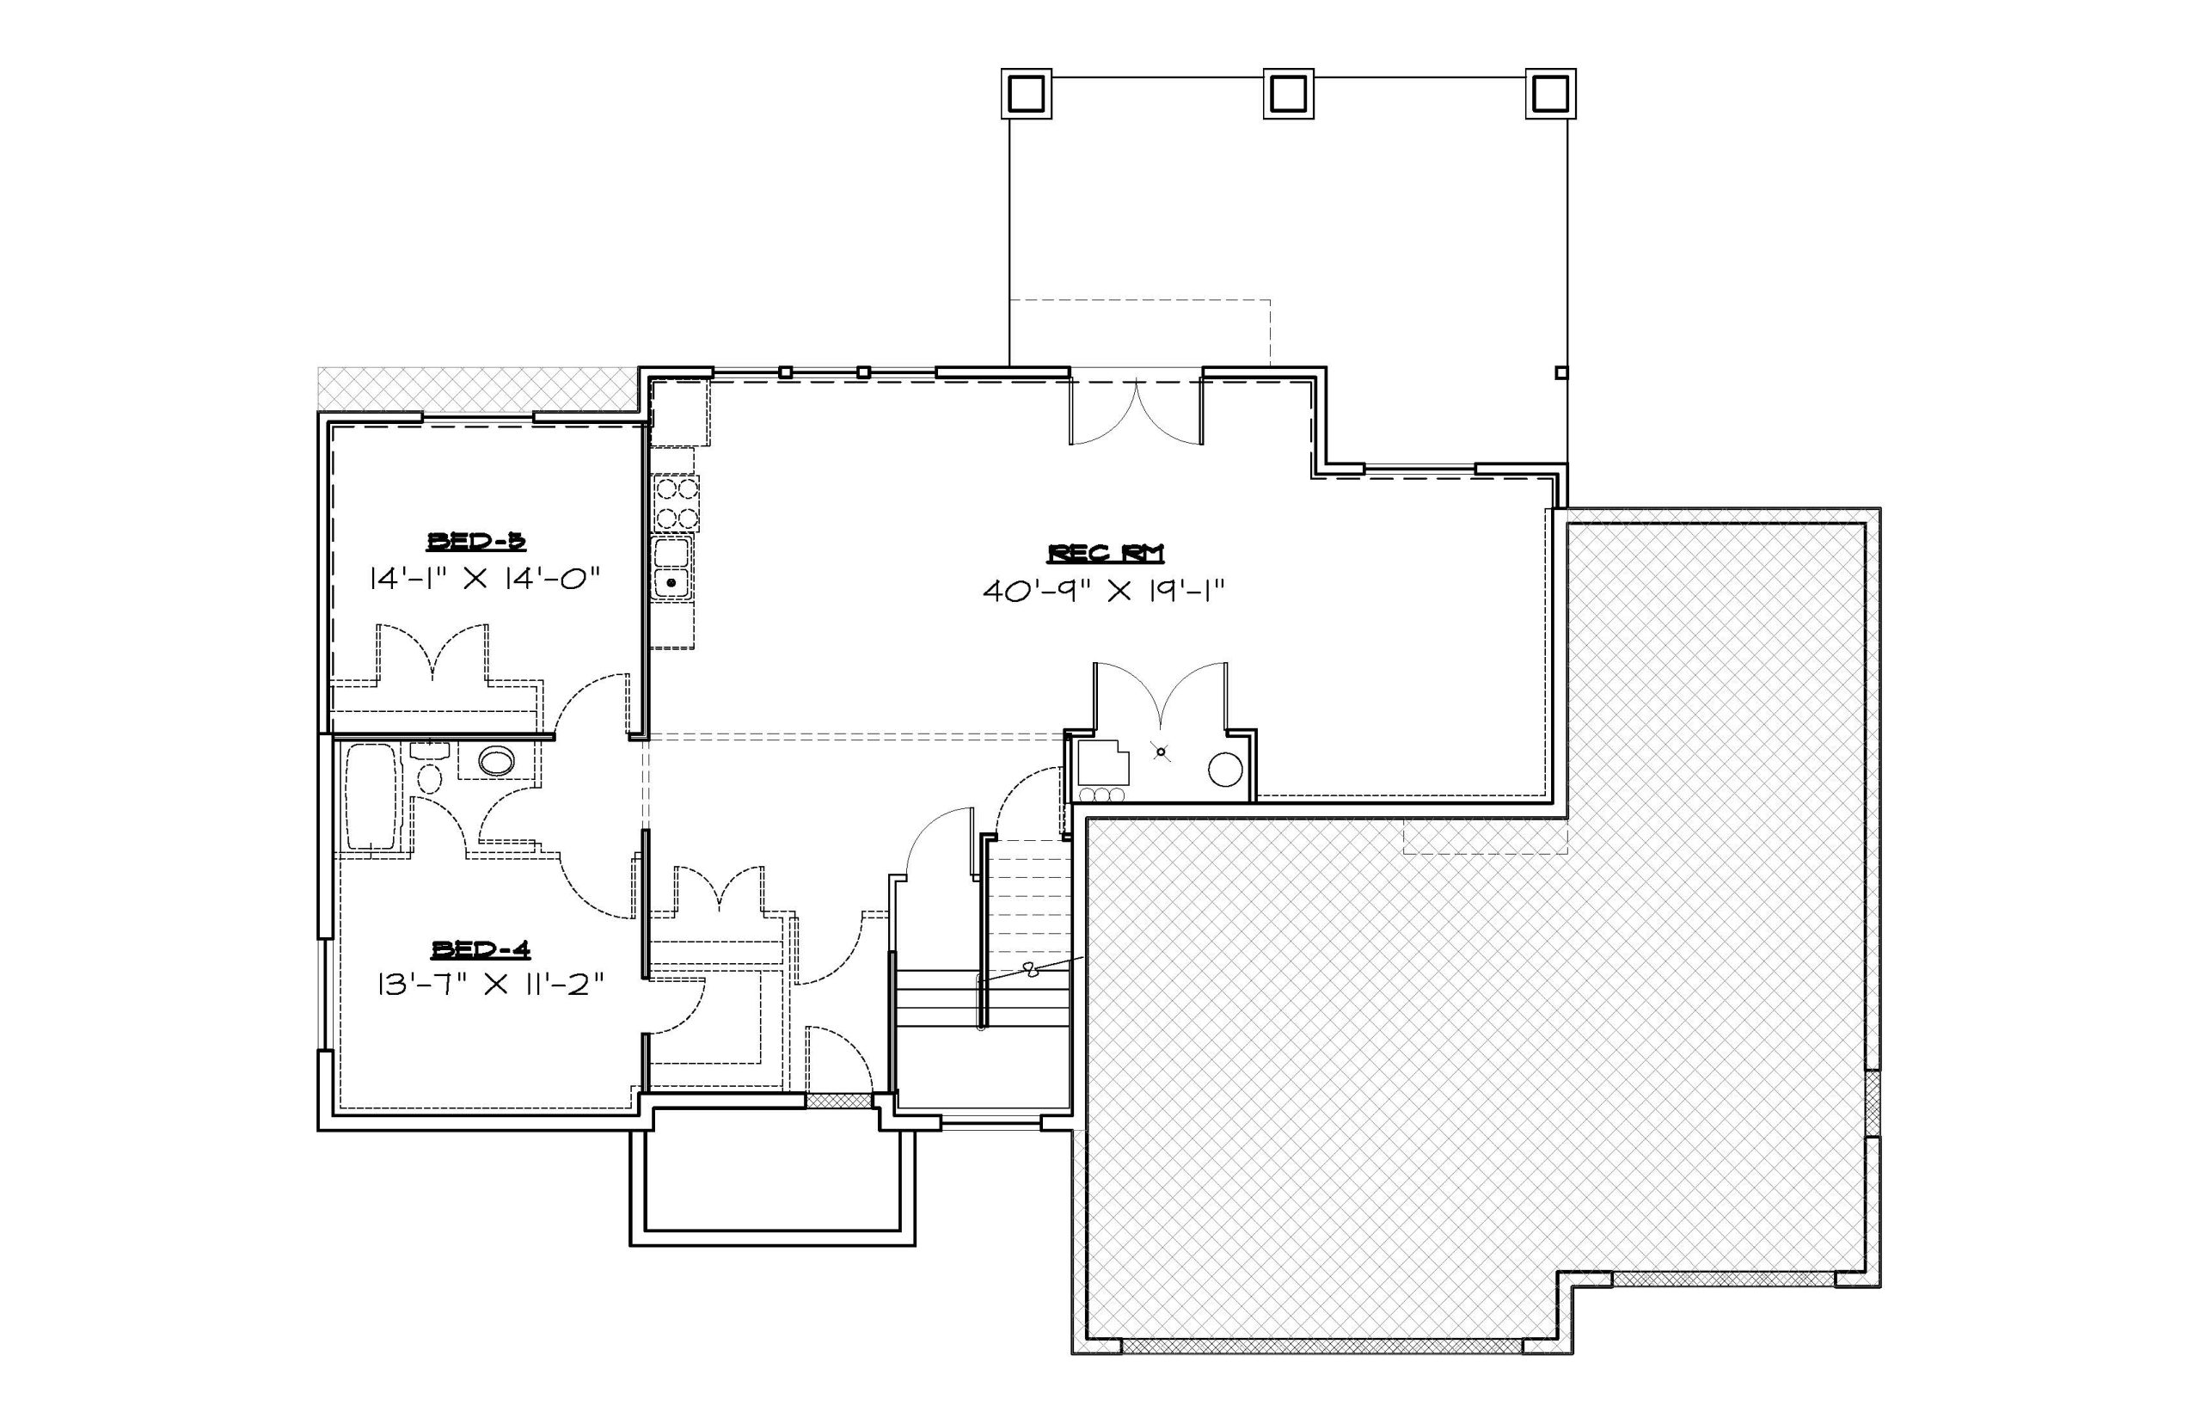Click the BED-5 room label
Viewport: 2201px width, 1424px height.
click(476, 541)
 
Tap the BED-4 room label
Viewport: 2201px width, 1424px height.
click(481, 948)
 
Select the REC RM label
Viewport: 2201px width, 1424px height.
click(1105, 553)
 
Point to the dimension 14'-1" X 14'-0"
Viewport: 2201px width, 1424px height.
click(485, 580)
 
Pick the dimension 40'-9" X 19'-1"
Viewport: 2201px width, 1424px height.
click(1104, 591)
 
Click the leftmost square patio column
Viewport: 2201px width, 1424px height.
click(1026, 94)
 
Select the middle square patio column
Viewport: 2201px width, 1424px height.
click(1289, 94)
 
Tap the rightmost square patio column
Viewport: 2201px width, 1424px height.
click(1550, 94)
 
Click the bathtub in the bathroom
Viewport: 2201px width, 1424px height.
click(371, 797)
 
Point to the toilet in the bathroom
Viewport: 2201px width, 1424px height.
click(429, 769)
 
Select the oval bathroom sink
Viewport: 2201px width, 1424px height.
click(496, 761)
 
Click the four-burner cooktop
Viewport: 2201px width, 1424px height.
click(675, 504)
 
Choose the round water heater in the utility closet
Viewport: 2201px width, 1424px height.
click(1225, 770)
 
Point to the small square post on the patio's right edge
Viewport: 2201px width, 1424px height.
click(1561, 372)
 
